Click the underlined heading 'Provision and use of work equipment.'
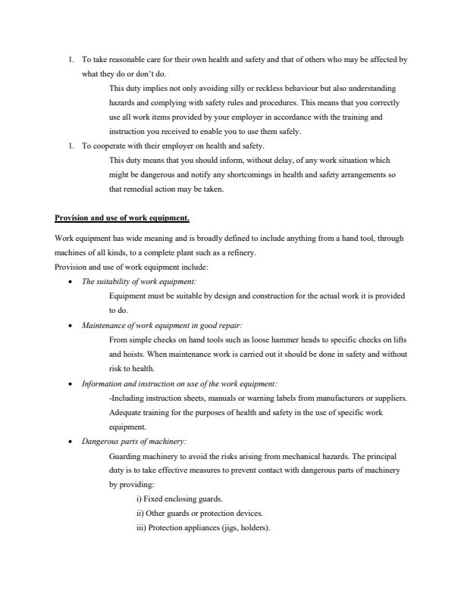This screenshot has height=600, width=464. pyautogui.click(x=122, y=218)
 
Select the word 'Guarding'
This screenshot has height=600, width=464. pyautogui.click(x=126, y=455)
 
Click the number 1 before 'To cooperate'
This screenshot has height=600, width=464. pyautogui.click(x=71, y=145)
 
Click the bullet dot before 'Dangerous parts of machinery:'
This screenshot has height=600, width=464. pyautogui.click(x=71, y=442)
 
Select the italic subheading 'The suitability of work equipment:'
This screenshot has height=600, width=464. pyautogui.click(x=139, y=282)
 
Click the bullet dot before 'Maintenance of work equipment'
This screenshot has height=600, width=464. pyautogui.click(x=71, y=326)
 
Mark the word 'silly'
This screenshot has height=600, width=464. pyautogui.click(x=230, y=88)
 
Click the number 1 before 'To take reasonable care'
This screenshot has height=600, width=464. pyautogui.click(x=71, y=59)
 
